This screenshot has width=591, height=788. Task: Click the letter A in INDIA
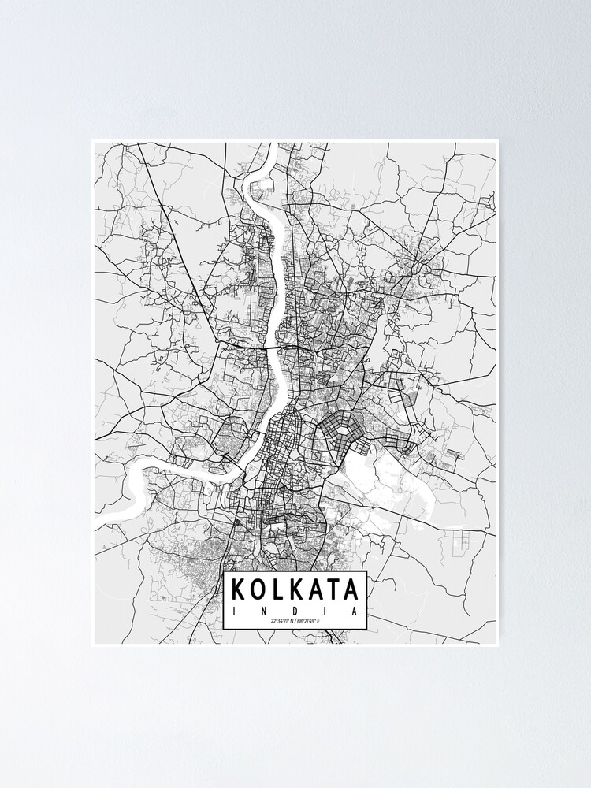(x=355, y=611)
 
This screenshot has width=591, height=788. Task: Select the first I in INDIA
(x=234, y=611)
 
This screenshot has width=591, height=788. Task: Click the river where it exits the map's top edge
(x=272, y=145)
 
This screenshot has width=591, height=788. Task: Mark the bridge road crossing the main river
(x=273, y=344)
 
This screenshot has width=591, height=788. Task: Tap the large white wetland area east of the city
(x=386, y=481)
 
